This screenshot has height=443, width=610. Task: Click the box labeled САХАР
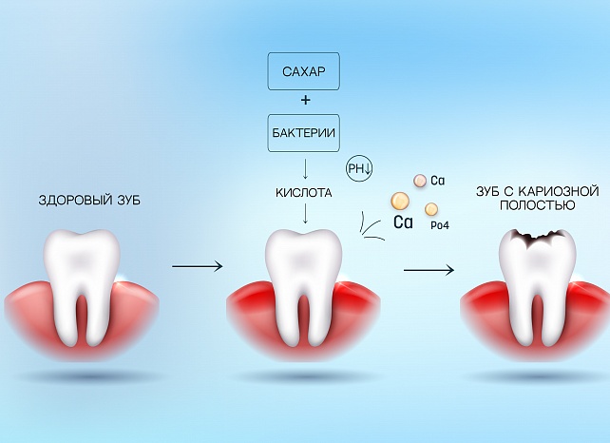click(x=305, y=73)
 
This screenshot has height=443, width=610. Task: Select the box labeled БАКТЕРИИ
click(x=305, y=132)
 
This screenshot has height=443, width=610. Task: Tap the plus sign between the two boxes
click(x=305, y=101)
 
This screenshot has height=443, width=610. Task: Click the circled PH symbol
click(x=362, y=167)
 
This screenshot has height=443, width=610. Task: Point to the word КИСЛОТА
click(x=304, y=192)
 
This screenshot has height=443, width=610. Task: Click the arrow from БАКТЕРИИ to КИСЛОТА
click(x=305, y=167)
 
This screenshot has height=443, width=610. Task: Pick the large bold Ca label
click(x=403, y=223)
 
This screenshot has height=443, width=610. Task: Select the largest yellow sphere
click(x=400, y=201)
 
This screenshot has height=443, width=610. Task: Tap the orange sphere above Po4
click(x=431, y=208)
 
